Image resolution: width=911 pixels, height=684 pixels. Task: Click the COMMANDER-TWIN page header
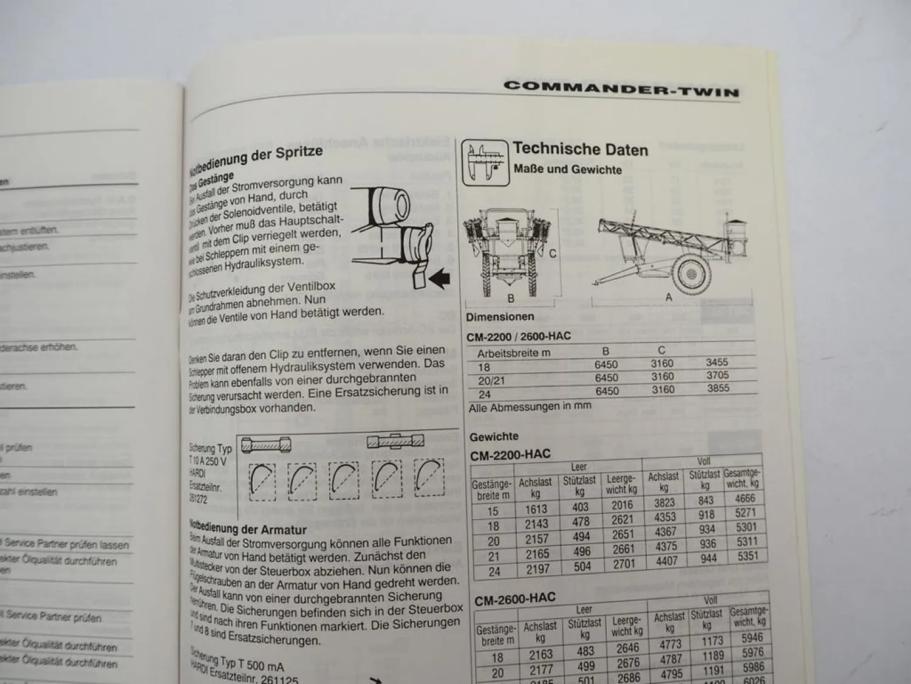click(x=621, y=88)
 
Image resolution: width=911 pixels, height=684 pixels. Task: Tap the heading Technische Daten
click(x=580, y=150)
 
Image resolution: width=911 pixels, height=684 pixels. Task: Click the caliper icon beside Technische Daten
click(x=484, y=162)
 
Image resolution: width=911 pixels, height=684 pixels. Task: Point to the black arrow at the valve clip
click(x=438, y=278)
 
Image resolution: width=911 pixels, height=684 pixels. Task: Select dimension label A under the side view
click(x=669, y=297)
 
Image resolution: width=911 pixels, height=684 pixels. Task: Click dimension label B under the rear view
click(x=511, y=299)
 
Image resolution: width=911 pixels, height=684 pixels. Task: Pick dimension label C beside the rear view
click(x=552, y=253)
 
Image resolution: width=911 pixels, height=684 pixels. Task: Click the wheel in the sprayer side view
click(x=691, y=274)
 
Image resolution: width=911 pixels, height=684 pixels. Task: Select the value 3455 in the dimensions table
click(x=717, y=362)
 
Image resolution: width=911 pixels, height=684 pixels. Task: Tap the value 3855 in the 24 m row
click(x=718, y=389)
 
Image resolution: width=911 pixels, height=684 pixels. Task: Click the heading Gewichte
click(x=494, y=437)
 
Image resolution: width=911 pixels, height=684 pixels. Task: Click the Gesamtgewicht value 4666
click(x=745, y=499)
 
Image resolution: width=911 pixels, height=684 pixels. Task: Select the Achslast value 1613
click(x=536, y=510)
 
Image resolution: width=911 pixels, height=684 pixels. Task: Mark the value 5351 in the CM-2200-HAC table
click(x=746, y=556)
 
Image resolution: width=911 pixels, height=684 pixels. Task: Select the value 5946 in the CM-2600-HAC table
click(x=752, y=638)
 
